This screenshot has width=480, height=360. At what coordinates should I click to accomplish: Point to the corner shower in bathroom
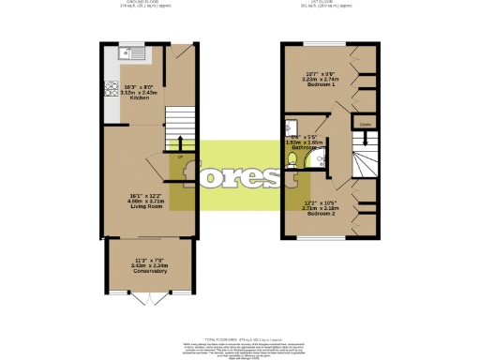(320, 160)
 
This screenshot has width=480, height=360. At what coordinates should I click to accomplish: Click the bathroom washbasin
(292, 128)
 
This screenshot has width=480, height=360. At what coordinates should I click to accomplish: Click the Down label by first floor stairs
(365, 124)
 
